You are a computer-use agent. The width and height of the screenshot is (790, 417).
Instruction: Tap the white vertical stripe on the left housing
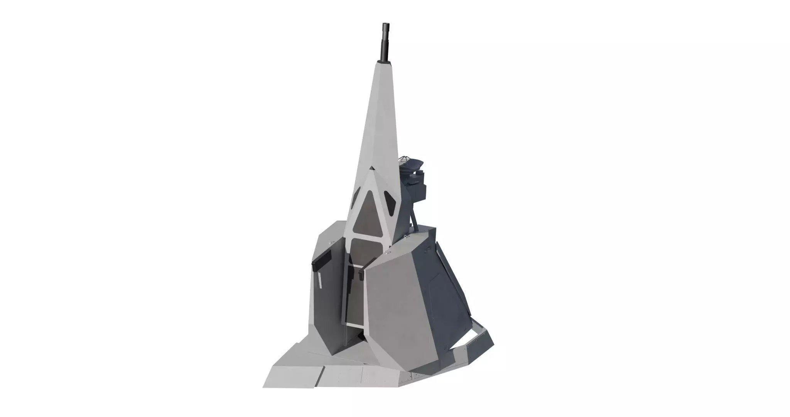320,280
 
